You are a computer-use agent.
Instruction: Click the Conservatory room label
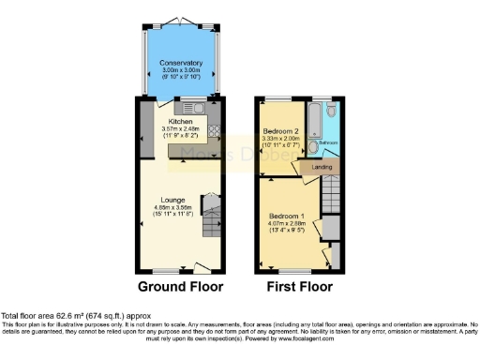[x=180, y=64]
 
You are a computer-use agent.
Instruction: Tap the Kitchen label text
[x=180, y=122]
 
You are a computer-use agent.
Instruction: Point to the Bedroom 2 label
[x=280, y=130]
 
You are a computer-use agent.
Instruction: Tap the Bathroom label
[x=328, y=143]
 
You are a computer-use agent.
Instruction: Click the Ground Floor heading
[x=179, y=286]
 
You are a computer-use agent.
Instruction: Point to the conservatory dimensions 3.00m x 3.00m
[x=180, y=71]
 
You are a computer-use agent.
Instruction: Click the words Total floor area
[x=28, y=317]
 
